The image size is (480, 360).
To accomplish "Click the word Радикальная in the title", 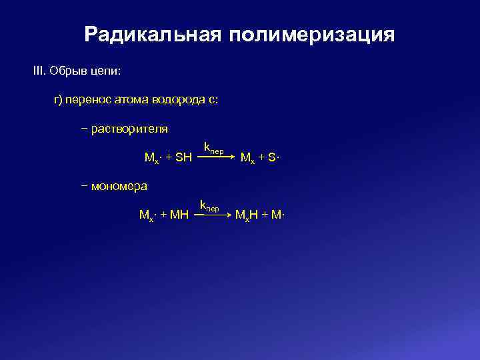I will pyautogui.click(x=153, y=35).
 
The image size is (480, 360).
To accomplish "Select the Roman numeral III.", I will pyautogui.click(x=39, y=70).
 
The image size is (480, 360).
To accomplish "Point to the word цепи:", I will pyautogui.click(x=106, y=71).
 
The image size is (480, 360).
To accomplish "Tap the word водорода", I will pyautogui.click(x=179, y=100).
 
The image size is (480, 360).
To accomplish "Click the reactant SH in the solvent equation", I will pyautogui.click(x=183, y=157).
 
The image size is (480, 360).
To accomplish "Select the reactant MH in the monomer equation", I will pyautogui.click(x=180, y=215).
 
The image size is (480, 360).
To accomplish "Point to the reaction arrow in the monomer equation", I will pyautogui.click(x=214, y=215).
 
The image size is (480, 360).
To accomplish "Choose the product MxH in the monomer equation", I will pyautogui.click(x=246, y=215).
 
